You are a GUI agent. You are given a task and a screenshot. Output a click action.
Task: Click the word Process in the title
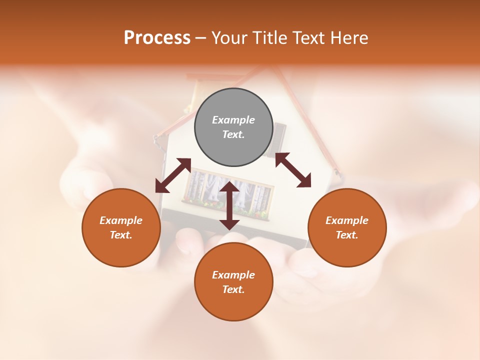click(x=157, y=38)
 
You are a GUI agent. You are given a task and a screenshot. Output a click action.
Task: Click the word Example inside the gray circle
click(x=233, y=120)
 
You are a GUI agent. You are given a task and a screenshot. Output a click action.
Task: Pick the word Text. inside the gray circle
click(x=233, y=135)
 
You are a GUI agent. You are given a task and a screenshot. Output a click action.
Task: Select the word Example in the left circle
click(x=121, y=220)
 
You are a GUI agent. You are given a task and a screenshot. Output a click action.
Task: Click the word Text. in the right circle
click(x=347, y=235)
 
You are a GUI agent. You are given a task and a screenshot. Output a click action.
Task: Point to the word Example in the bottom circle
click(x=233, y=275)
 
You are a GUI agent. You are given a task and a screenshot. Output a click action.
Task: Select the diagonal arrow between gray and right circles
click(x=293, y=170)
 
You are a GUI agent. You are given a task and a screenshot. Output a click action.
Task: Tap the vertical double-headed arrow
click(x=229, y=205)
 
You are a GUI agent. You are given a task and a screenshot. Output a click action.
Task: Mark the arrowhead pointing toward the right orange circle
click(x=303, y=180)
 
